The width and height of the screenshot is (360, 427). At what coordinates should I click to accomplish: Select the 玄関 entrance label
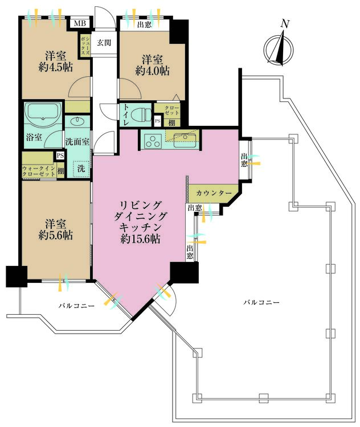[103, 43]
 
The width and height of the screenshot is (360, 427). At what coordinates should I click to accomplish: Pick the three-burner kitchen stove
[153, 140]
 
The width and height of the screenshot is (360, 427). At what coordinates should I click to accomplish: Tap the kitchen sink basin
[186, 138]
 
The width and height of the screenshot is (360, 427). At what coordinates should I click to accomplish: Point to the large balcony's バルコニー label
[261, 302]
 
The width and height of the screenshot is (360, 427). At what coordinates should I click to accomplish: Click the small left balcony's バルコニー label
[76, 306]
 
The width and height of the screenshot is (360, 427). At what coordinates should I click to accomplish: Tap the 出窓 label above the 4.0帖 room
[145, 24]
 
